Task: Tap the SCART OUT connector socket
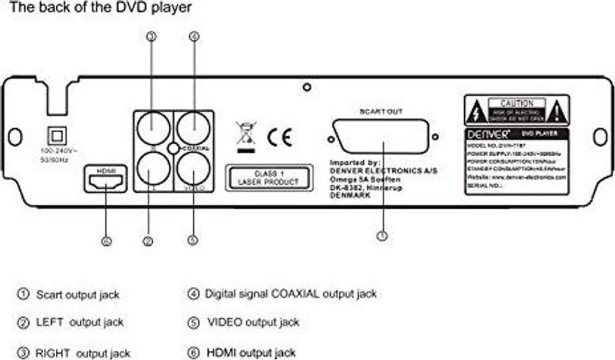coord(382,138)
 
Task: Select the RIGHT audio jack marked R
coord(151,127)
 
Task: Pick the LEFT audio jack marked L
coord(151,168)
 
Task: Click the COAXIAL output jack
coord(193,127)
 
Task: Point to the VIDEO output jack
coord(193,168)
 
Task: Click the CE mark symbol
coord(279,138)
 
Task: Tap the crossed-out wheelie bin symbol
coord(246,135)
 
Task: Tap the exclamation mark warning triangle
coord(557,111)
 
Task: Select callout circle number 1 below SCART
coord(382,236)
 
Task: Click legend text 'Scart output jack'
coord(77,295)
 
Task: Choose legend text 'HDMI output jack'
coord(250,352)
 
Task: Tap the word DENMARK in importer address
coord(350,197)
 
